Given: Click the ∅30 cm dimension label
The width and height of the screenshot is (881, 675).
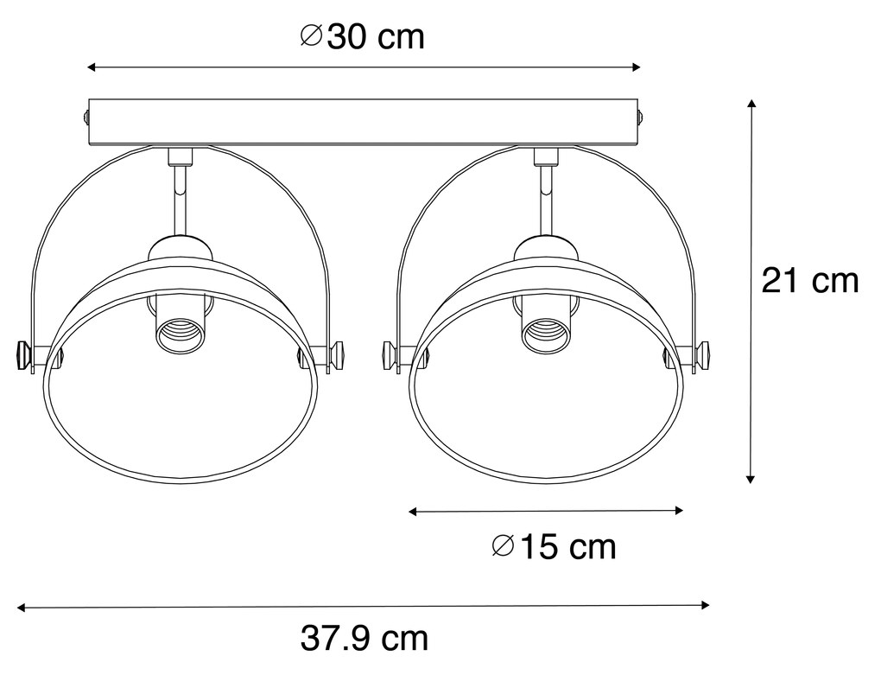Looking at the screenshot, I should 363,36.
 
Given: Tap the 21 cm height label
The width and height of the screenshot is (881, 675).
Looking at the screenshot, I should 809,281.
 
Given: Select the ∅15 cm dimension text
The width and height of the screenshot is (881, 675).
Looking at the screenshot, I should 554,546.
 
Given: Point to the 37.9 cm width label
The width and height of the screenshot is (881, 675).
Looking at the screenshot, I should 364,639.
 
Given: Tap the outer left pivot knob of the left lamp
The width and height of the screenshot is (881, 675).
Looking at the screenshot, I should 24,354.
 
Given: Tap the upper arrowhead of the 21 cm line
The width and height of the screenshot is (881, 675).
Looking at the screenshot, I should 751,105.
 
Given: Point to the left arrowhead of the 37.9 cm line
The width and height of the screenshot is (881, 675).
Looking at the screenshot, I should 24,608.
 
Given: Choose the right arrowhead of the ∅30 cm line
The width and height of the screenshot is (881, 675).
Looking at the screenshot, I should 636,67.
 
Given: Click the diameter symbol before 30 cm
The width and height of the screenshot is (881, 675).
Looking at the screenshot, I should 312,36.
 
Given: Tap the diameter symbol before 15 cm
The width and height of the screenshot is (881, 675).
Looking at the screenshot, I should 503,546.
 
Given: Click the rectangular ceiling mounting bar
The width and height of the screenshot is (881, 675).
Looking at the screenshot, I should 363,121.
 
